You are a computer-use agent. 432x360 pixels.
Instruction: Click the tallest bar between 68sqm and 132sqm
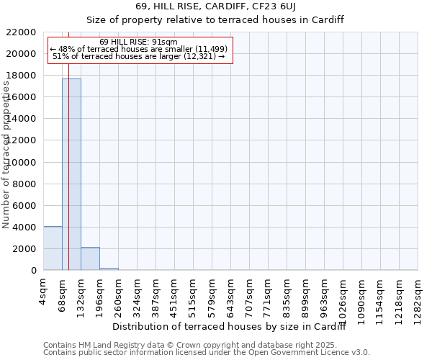coord(71,174)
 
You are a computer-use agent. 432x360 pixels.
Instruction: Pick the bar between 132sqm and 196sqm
coord(90,258)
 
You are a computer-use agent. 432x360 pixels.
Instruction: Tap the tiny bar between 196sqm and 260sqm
coord(109,269)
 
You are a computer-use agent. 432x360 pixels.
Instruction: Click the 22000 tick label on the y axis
coord(22,32)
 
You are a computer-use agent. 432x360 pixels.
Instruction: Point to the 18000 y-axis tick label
coord(22,76)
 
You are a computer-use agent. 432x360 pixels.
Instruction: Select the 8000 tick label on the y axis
coord(25,184)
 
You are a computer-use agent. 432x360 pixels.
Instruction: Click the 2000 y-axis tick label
coord(25,249)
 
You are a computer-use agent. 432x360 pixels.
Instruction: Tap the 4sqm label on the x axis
coord(43,292)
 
